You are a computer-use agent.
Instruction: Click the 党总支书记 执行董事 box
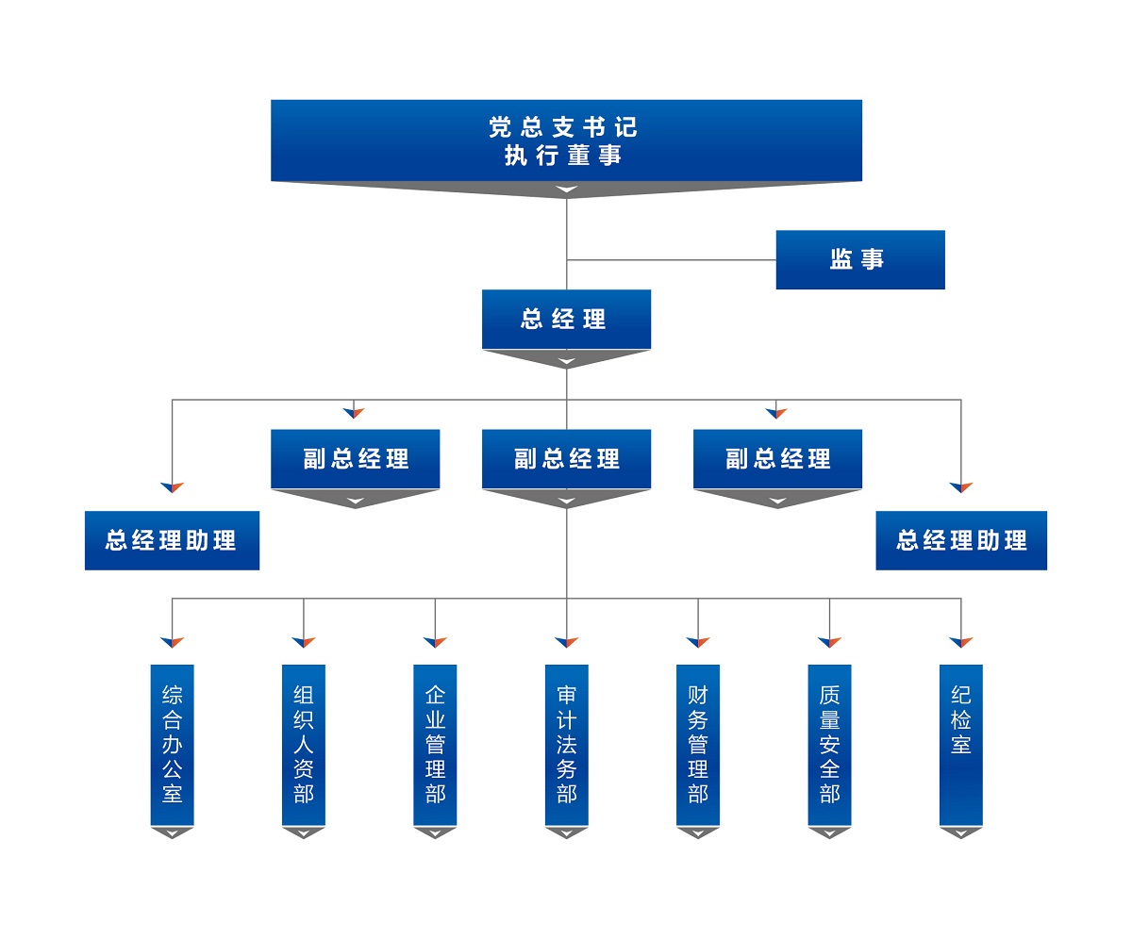pyautogui.click(x=566, y=140)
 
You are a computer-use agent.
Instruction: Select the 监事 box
pyautogui.click(x=859, y=259)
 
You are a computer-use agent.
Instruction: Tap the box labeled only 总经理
pyautogui.click(x=566, y=319)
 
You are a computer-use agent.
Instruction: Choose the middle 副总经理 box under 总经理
pyautogui.click(x=566, y=459)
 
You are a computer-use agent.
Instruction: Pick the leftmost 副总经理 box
pyautogui.click(x=355, y=459)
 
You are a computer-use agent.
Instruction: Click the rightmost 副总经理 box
pyautogui.click(x=777, y=459)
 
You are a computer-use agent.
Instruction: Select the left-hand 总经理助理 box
pyautogui.click(x=172, y=540)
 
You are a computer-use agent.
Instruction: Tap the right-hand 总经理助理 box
pyautogui.click(x=960, y=540)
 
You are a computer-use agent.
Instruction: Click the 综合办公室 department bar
pyautogui.click(x=172, y=745)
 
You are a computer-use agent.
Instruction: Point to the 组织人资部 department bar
pyautogui.click(x=303, y=745)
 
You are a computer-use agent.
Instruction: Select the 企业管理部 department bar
pyautogui.click(x=435, y=745)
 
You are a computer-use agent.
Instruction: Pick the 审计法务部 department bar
pyautogui.click(x=566, y=745)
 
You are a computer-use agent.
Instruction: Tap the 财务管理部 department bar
pyautogui.click(x=698, y=745)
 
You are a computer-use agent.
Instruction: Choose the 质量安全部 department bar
pyautogui.click(x=829, y=745)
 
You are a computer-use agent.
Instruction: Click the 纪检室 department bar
pyautogui.click(x=960, y=745)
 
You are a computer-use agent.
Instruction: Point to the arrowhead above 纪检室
pyautogui.click(x=960, y=643)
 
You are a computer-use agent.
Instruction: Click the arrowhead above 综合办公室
pyautogui.click(x=172, y=643)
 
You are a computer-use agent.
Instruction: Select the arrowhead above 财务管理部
pyautogui.click(x=698, y=643)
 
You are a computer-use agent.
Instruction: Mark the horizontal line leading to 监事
pyautogui.click(x=671, y=259)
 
